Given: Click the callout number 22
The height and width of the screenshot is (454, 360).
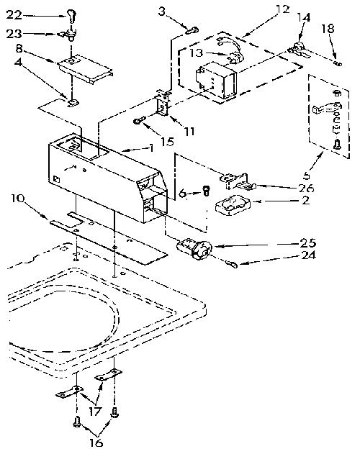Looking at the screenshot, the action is [14, 15].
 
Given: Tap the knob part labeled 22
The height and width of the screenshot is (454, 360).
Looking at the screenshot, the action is [71, 15].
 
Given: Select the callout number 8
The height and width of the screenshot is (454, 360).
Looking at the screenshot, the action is [19, 48].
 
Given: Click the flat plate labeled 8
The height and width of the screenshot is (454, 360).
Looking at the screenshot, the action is [85, 69].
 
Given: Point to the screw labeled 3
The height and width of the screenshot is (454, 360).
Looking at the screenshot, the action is [192, 29].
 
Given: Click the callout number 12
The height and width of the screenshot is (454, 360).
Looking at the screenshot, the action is [282, 9].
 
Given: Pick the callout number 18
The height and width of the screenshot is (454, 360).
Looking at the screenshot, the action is [328, 29].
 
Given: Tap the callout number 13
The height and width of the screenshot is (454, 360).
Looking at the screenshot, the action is [197, 53].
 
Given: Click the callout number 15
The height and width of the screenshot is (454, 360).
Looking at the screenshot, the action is [167, 142].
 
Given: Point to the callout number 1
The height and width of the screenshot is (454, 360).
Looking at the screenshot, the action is [151, 148].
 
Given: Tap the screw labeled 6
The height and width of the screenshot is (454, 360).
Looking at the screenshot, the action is [206, 191].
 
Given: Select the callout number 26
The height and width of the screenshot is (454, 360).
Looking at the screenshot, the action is [307, 189].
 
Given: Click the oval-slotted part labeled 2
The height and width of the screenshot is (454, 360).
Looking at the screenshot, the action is [232, 205].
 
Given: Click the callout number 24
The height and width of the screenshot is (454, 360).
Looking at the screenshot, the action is [308, 255].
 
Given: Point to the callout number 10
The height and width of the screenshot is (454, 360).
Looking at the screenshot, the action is [18, 199].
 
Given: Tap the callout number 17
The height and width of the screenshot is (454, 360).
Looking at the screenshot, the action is [95, 411].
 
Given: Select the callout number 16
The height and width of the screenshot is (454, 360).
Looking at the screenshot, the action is [96, 442].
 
